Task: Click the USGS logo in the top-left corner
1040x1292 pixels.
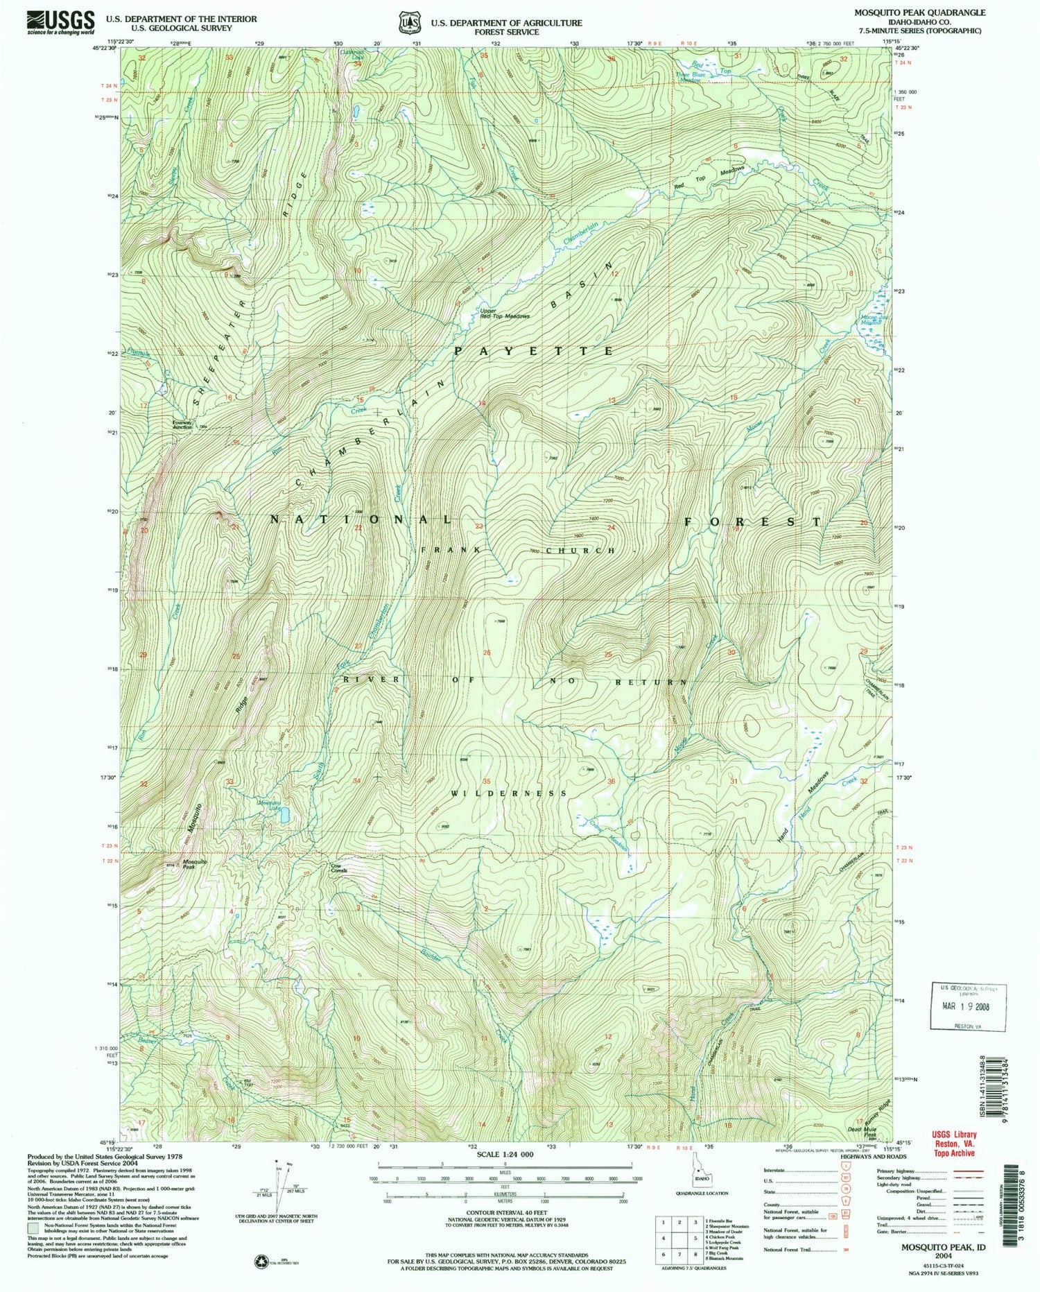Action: click(x=61, y=22)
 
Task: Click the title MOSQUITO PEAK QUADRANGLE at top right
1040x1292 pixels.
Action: click(x=917, y=12)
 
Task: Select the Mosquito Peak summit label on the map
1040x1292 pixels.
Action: click(x=194, y=865)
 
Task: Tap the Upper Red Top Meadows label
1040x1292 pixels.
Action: click(x=504, y=313)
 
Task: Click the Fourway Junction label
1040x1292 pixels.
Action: click(x=182, y=424)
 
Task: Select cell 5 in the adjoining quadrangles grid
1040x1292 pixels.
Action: click(x=695, y=1238)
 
